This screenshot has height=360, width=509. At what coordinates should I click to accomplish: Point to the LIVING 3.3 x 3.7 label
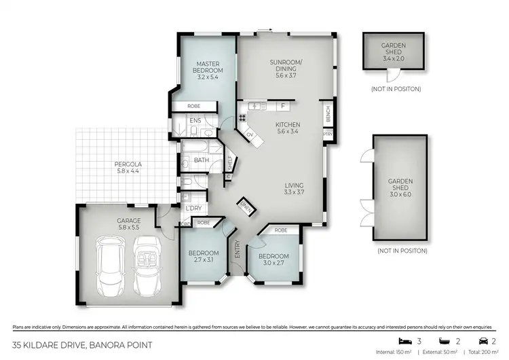pyautogui.click(x=294, y=189)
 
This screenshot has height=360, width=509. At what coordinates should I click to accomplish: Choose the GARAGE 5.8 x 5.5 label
pyautogui.click(x=128, y=223)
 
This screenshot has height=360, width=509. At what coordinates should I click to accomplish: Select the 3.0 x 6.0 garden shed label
pyautogui.click(x=400, y=186)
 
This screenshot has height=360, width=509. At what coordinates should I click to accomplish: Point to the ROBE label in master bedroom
pyautogui.click(x=193, y=107)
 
